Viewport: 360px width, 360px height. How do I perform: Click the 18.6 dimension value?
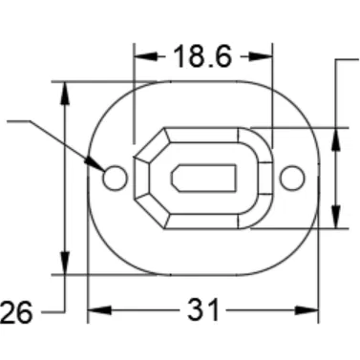202,57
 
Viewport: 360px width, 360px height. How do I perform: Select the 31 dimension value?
202,310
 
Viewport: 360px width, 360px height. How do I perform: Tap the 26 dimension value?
16,311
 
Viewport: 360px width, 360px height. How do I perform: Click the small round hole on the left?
115,177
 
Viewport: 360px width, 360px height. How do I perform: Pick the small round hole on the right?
292,177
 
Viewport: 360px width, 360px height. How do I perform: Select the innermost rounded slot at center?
203,178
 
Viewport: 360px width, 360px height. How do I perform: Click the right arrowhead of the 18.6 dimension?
265,57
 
